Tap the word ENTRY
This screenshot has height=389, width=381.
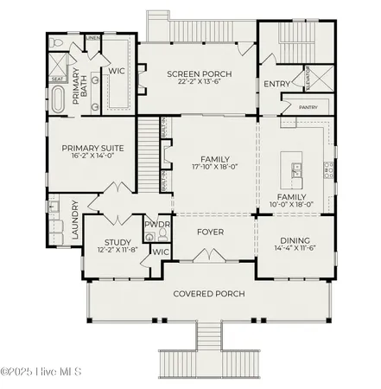276,84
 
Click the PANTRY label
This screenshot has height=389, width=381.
308,107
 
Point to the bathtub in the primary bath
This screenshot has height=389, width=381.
58,99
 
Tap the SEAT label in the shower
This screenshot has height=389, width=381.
58,79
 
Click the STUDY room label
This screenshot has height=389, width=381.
117,242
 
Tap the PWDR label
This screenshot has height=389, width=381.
157,224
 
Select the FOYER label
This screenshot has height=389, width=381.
210,232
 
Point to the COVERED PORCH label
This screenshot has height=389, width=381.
209,294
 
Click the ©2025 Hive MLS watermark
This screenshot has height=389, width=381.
41,372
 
